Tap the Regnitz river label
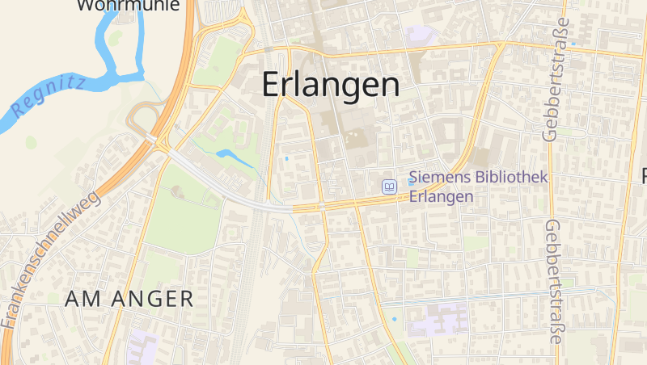[48, 97]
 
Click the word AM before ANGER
[81, 299]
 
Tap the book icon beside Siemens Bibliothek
[390, 187]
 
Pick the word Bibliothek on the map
[511, 177]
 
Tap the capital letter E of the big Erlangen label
[272, 84]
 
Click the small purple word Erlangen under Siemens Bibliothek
[441, 196]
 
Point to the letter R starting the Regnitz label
[18, 111]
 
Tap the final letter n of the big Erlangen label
[390, 86]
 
